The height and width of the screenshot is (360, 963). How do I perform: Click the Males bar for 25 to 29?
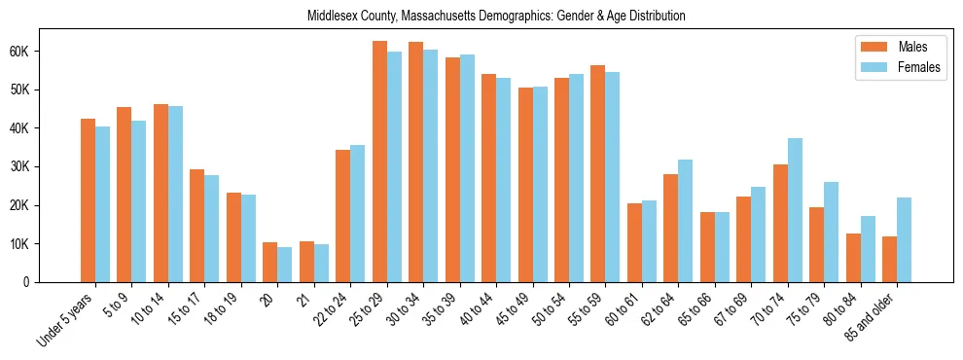[x=379, y=162]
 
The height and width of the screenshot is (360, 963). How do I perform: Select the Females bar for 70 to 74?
[x=795, y=210]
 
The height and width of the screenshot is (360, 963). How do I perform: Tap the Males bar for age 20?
[x=269, y=262]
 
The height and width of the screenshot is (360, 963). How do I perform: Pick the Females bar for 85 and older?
[x=905, y=239]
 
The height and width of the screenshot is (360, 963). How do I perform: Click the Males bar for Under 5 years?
[x=88, y=200]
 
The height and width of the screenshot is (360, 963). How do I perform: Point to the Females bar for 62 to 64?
[x=686, y=221]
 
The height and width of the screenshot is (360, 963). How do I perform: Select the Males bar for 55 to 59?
[x=598, y=173]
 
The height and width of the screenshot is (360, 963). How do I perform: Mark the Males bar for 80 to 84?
[x=853, y=258]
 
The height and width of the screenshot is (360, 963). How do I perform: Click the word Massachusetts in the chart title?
[x=429, y=17]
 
